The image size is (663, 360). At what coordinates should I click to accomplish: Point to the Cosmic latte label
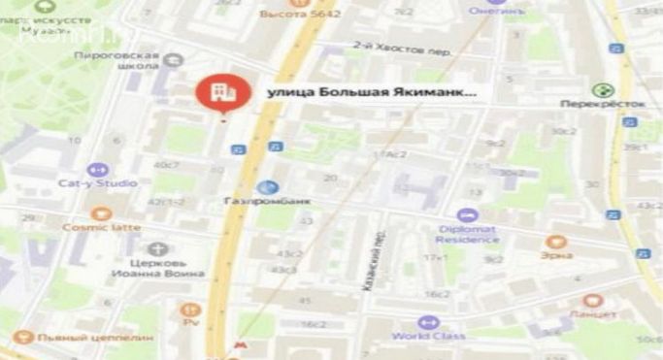(x=101, y=227)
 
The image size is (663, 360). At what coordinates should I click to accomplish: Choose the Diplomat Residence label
(x=467, y=233)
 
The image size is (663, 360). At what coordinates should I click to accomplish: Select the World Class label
(x=425, y=336)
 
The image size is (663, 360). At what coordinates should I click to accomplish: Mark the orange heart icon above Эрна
(x=555, y=242)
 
